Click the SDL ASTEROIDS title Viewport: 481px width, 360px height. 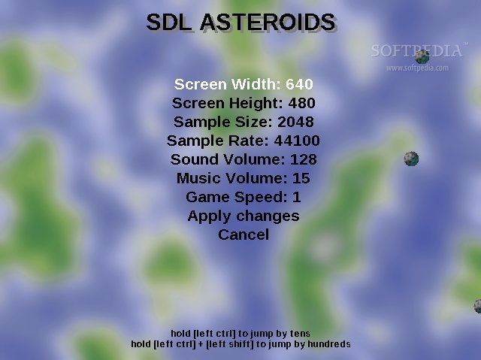coord(241,23)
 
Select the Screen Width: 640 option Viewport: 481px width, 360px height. coord(244,84)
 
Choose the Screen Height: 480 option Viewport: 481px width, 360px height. coord(244,103)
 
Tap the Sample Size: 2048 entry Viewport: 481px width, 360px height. coord(244,122)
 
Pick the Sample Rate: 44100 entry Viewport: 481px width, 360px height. coord(244,141)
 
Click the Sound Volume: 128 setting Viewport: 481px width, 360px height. coord(244,159)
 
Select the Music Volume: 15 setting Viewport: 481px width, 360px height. coord(244,178)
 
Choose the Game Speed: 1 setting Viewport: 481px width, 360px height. coord(244,197)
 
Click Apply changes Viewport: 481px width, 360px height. coord(244,216)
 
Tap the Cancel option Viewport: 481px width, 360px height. coord(244,235)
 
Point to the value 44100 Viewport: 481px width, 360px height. coord(297,141)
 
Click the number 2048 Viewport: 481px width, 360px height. coord(295,122)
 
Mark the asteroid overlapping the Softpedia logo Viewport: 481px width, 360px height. coord(422,56)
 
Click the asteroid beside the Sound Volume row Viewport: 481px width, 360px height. coord(411,159)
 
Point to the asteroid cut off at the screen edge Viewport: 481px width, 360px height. coord(478,306)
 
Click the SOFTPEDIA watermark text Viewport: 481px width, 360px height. coord(417,50)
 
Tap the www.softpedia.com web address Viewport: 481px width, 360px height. coord(417,68)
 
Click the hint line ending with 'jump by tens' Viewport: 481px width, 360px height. coord(240,334)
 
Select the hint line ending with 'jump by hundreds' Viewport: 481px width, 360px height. coord(240,344)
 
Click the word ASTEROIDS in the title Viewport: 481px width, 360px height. coord(268,23)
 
